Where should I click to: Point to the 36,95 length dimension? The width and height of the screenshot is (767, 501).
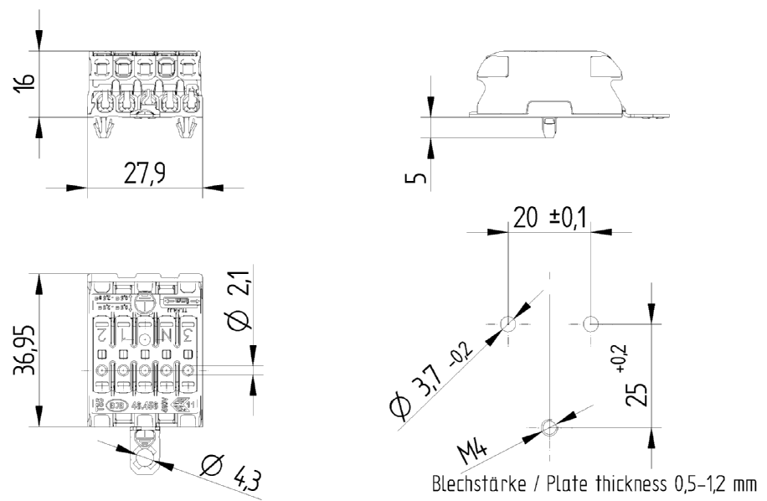[x=25, y=348]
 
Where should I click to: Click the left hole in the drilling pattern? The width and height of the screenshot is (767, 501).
[x=507, y=323]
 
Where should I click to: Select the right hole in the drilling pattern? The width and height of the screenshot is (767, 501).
[x=590, y=323]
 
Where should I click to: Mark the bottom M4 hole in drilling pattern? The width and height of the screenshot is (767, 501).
[x=548, y=428]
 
